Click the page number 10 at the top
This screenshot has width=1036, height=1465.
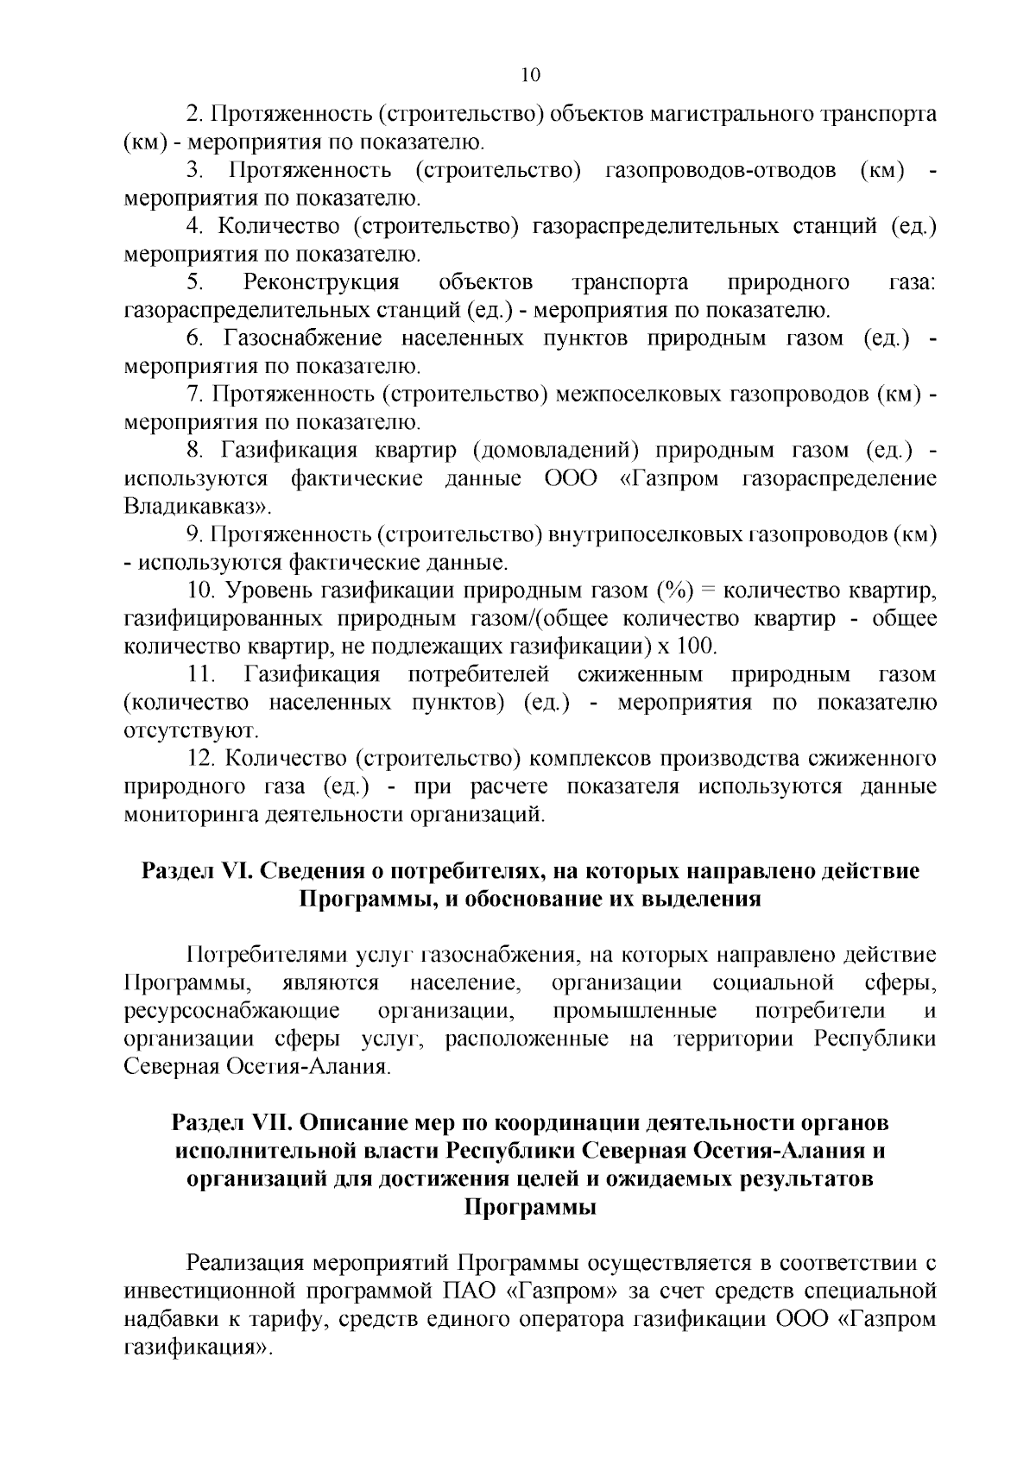click(x=530, y=75)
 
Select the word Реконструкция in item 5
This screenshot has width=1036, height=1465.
click(x=321, y=282)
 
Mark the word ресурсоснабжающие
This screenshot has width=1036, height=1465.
click(x=231, y=1011)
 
